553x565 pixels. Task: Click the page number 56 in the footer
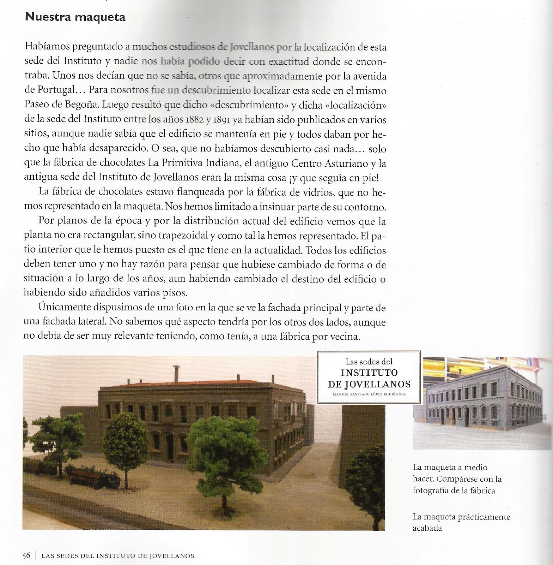click(26, 555)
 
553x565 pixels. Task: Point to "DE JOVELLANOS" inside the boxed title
click(369, 384)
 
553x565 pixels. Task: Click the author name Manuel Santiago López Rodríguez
click(369, 394)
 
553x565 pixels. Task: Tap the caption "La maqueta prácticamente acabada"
click(461, 523)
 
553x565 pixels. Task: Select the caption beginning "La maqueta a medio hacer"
click(457, 478)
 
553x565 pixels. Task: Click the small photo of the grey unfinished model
click(482, 403)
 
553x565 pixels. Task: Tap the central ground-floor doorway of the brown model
click(169, 445)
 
